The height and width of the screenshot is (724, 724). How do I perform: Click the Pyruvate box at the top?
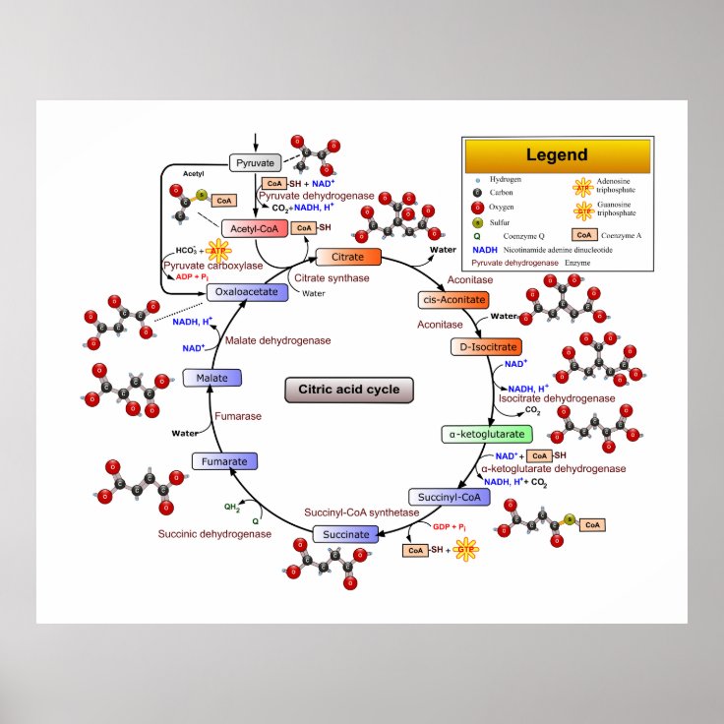(256, 162)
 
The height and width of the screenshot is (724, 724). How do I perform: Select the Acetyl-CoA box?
(255, 228)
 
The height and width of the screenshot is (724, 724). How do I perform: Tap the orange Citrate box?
(347, 258)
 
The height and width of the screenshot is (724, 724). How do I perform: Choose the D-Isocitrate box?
(485, 346)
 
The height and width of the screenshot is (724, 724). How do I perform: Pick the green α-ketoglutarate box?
(486, 434)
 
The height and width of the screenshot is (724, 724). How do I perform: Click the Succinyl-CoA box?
(449, 497)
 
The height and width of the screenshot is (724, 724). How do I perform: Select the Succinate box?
(345, 534)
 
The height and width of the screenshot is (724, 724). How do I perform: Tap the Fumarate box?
(224, 460)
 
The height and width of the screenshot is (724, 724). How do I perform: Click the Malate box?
(212, 378)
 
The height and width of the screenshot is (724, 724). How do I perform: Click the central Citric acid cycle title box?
(349, 390)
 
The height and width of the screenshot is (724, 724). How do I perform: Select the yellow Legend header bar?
(557, 155)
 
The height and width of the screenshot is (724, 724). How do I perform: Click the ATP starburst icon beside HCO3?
(217, 250)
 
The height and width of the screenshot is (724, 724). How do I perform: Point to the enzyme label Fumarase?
(239, 416)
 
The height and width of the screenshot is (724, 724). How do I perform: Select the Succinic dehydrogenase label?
(214, 533)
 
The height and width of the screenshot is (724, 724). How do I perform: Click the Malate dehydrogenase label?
(277, 339)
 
